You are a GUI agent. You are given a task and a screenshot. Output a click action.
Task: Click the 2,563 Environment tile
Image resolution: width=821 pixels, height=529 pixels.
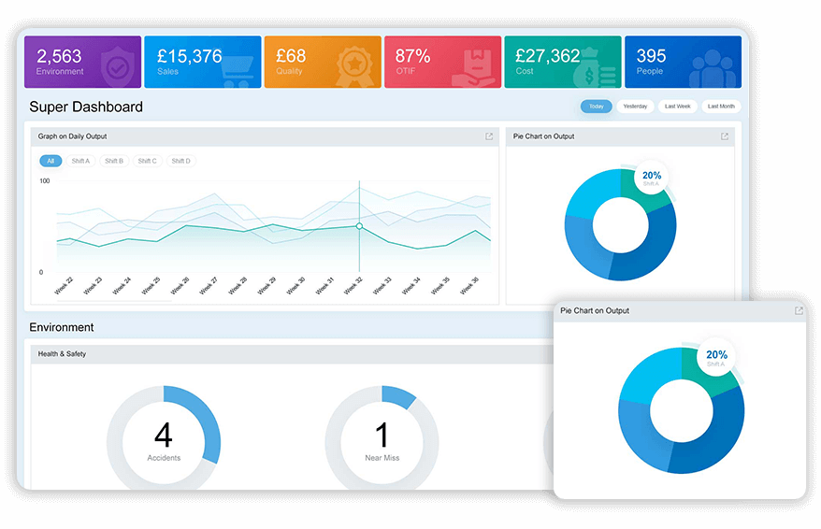pos(82,62)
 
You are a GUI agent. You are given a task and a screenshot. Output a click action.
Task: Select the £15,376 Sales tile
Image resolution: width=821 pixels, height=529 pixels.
pos(203,62)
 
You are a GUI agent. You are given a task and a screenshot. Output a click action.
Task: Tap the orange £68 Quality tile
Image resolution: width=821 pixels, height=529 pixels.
pos(323,62)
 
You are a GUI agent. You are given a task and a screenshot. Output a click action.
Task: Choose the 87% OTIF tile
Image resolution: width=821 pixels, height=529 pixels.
pos(442,62)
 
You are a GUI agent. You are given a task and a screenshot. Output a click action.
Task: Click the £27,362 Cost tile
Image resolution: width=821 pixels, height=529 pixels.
pos(562,62)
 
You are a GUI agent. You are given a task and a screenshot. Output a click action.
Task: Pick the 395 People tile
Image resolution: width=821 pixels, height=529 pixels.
pos(682,62)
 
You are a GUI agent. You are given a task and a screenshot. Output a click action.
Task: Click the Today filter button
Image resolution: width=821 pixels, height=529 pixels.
pos(596,107)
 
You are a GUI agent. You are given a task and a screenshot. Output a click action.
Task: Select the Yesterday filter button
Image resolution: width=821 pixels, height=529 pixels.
pos(635,107)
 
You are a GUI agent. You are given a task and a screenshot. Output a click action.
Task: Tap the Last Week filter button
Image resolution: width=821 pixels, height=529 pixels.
pos(677,107)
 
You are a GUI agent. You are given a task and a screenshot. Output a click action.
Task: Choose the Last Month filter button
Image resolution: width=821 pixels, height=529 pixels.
pos(720,107)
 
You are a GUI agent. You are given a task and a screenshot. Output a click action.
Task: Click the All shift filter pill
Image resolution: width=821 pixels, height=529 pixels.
pos(50,161)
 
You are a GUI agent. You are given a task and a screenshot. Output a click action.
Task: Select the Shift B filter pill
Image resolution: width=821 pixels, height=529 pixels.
pos(114,161)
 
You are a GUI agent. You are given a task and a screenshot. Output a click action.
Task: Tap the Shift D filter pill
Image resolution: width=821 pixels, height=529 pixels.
pos(180,161)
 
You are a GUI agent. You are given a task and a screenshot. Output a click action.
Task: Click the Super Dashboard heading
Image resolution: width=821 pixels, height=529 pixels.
pos(86,107)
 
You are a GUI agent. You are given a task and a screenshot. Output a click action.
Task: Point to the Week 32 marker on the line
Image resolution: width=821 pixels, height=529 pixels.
pos(359,226)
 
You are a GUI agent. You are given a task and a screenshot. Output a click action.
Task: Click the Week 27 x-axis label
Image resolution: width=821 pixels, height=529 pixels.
pos(208,287)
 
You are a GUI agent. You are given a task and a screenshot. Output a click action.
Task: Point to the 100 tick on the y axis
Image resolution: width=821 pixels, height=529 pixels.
pos(44,181)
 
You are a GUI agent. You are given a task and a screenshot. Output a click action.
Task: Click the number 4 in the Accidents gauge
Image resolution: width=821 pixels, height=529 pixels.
pos(163,436)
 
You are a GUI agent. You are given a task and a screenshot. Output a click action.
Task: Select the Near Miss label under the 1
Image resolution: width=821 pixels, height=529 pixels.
pos(382,458)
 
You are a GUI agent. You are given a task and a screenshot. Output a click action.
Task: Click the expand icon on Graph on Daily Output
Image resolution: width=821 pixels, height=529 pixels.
pos(489,136)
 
